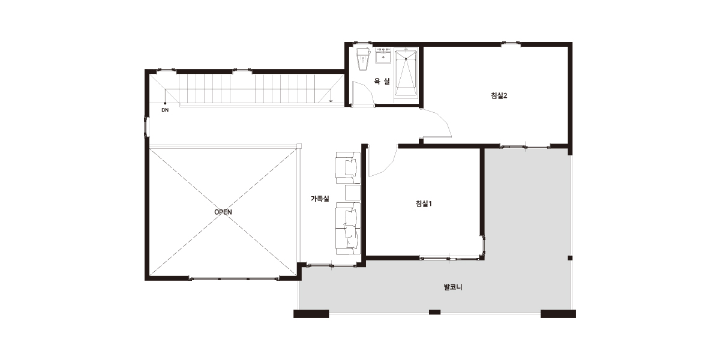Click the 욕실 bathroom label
pyautogui.click(x=382, y=81)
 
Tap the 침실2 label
pyautogui.click(x=499, y=95)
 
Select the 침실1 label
pyautogui.click(x=424, y=203)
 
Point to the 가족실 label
pyautogui.click(x=320, y=199)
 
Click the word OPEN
pyautogui.click(x=223, y=212)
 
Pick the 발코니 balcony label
pyautogui.click(x=453, y=287)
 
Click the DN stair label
pyautogui.click(x=165, y=110)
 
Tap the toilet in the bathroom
pyautogui.click(x=363, y=59)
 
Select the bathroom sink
pyautogui.click(x=383, y=56)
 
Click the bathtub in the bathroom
pyautogui.click(x=406, y=73)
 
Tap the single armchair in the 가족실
pyautogui.click(x=347, y=167)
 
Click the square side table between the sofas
pyautogui.click(x=353, y=193)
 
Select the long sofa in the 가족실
pyautogui.click(x=348, y=229)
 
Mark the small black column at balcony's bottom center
pyautogui.click(x=434, y=312)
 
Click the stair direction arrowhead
pyautogui.click(x=331, y=101)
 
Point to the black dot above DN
pyautogui.click(x=165, y=103)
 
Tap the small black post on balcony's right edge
pyautogui.click(x=570, y=258)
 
